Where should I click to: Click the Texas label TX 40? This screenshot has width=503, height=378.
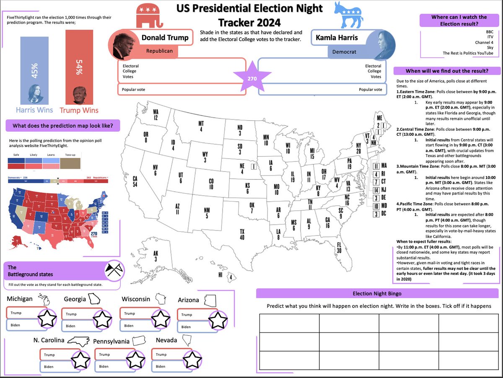[x=242, y=235]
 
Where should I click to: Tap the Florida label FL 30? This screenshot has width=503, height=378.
[x=339, y=248]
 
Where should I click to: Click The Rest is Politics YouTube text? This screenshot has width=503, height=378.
[x=468, y=53]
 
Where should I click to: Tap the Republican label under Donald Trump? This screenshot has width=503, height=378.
[x=160, y=51]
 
